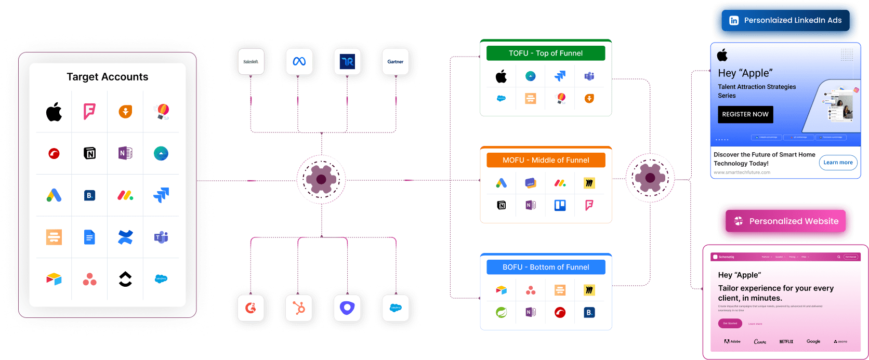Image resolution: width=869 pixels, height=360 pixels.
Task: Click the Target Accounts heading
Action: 108,77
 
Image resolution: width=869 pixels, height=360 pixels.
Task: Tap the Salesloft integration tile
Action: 251,62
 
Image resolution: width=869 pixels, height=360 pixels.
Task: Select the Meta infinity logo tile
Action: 299,62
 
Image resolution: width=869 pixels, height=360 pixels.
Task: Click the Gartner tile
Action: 396,62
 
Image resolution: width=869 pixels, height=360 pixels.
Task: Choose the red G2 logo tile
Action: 251,308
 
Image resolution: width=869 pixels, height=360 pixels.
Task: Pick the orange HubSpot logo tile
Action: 299,308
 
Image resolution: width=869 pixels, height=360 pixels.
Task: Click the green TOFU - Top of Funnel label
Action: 546,53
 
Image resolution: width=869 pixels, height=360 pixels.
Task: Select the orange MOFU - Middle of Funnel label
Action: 546,160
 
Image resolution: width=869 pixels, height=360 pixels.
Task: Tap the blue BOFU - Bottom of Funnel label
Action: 546,267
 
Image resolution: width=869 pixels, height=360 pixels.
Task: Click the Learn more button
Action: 838,163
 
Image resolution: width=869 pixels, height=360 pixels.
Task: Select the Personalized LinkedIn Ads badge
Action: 786,20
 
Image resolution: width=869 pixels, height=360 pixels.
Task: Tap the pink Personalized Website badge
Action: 786,221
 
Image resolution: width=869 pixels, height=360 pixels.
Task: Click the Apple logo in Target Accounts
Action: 54,111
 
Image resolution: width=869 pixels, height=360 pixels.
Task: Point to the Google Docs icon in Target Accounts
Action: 89,237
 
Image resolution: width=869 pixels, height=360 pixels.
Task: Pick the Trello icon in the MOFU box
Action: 560,205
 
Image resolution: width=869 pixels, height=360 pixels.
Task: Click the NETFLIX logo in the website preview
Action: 786,342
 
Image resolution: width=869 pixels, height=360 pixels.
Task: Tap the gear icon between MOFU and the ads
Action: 650,178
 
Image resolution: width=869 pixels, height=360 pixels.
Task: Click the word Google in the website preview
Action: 813,341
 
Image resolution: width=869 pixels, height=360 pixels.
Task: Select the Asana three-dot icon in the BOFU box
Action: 531,290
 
